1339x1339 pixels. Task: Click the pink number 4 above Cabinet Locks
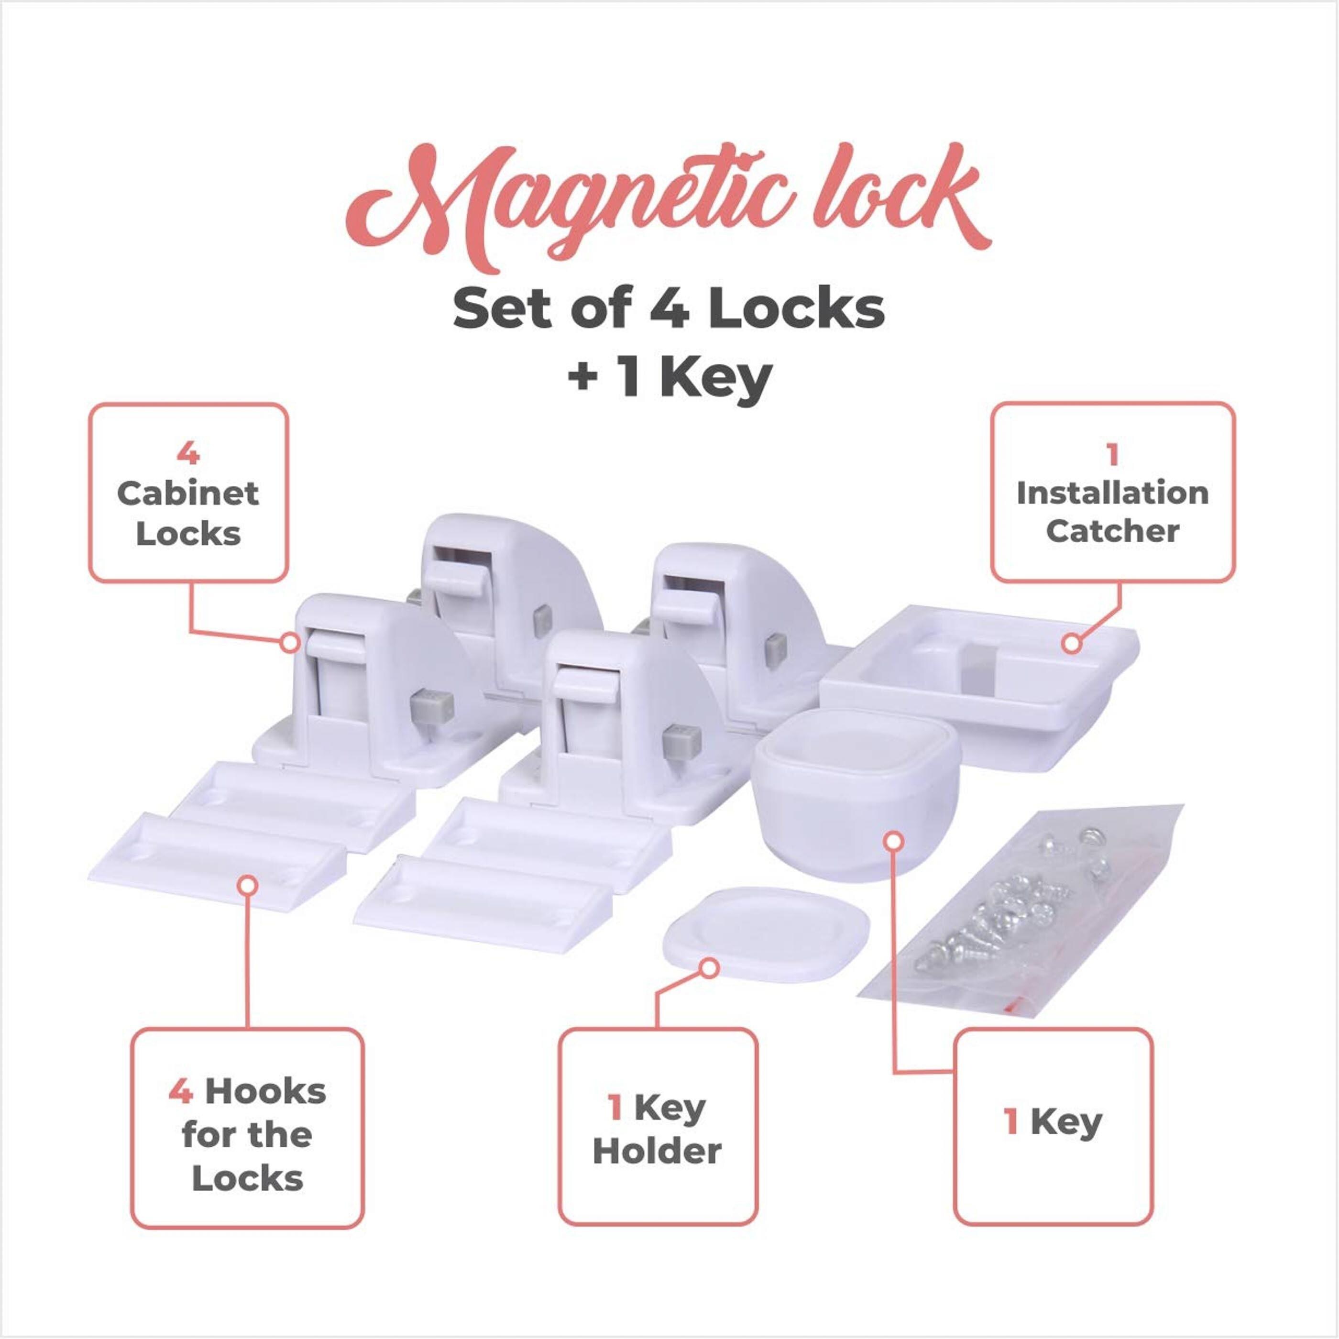(188, 454)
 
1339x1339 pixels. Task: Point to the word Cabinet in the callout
(188, 494)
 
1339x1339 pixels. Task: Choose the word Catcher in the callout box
(1112, 532)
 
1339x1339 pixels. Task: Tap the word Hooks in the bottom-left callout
(265, 1092)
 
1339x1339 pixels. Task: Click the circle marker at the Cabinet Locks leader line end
(290, 642)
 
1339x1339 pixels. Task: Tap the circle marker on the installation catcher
(1072, 644)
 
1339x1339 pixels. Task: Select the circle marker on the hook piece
(247, 885)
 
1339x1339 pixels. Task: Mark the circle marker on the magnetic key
(895, 841)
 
